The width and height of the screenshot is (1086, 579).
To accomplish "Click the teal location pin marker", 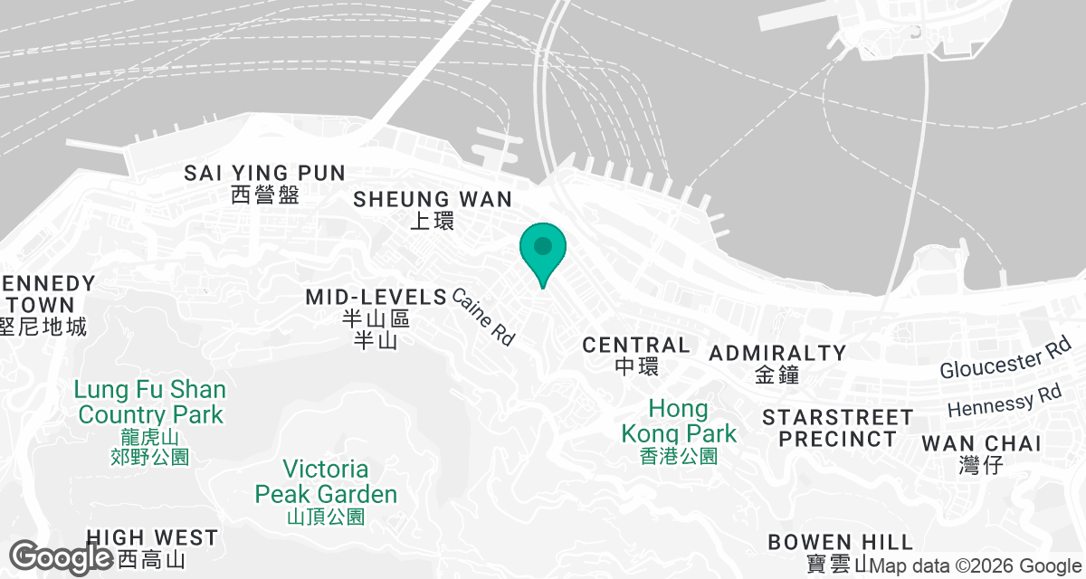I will point(543,250).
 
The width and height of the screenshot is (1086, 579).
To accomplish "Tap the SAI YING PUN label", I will point(264,173).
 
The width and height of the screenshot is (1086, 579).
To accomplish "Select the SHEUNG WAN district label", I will point(433,199).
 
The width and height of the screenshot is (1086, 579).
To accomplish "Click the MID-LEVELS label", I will point(376,297).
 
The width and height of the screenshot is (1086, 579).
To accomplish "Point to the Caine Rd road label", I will point(482,317).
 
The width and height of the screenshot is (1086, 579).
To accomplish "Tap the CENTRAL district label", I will point(636,345).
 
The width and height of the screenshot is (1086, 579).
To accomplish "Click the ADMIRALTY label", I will point(777,353).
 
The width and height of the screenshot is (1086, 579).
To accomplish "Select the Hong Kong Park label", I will point(680,422).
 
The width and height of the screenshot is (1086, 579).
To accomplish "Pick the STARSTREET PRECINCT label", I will point(837,428).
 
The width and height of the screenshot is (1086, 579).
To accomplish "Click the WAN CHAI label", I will point(981,443).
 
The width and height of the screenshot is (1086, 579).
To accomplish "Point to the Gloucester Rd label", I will point(1005,357).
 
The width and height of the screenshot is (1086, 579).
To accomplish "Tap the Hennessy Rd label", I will point(1005,401).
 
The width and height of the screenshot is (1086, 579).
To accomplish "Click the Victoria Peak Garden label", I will point(326,482).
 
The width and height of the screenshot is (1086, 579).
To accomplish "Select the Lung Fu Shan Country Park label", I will point(150,403).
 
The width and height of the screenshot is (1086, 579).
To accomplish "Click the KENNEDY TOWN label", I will point(45,293).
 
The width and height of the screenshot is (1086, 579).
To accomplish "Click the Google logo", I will point(61,556).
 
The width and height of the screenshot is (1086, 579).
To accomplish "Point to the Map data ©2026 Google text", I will point(976,566).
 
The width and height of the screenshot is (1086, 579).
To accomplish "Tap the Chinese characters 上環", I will point(433,221).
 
